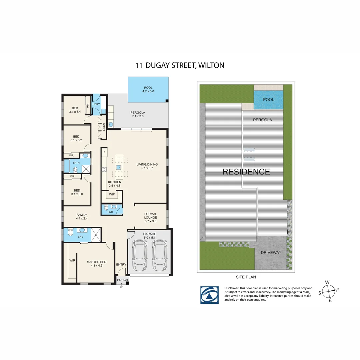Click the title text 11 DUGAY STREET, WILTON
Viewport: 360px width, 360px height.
pyautogui.click(x=180, y=65)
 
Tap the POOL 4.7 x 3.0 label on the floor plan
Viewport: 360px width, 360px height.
pyautogui.click(x=148, y=90)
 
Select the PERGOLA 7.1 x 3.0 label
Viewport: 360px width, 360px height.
pyautogui.click(x=138, y=114)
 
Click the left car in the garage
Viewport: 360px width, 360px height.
pyautogui.click(x=140, y=255)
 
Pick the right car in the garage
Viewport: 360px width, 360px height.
pyautogui.click(x=160, y=255)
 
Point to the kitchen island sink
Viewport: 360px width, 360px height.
pyautogui.click(x=118, y=167)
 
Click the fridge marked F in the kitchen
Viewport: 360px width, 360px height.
pyautogui.click(x=104, y=152)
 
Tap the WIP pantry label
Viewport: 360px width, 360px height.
pyautogui.click(x=112, y=194)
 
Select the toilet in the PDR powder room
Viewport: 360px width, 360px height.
pyautogui.click(x=106, y=208)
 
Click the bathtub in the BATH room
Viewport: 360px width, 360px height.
pyautogui.click(x=67, y=166)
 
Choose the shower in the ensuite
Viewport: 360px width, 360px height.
pyautogui.click(x=96, y=235)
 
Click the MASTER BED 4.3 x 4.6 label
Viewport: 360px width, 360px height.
pyautogui.click(x=96, y=264)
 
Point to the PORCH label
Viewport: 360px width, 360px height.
pyautogui.click(x=122, y=280)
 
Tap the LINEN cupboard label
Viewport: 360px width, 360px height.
pyautogui.click(x=104, y=127)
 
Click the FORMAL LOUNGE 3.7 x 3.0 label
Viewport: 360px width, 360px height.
pyautogui.click(x=151, y=217)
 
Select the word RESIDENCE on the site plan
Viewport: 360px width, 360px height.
pyautogui.click(x=246, y=172)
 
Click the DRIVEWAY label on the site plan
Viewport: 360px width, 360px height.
pyautogui.click(x=271, y=253)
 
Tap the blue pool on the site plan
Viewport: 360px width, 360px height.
pyautogui.click(x=268, y=100)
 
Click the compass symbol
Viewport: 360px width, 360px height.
pyautogui.click(x=329, y=292)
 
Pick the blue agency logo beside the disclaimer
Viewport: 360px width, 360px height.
pyautogui.click(x=209, y=295)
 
